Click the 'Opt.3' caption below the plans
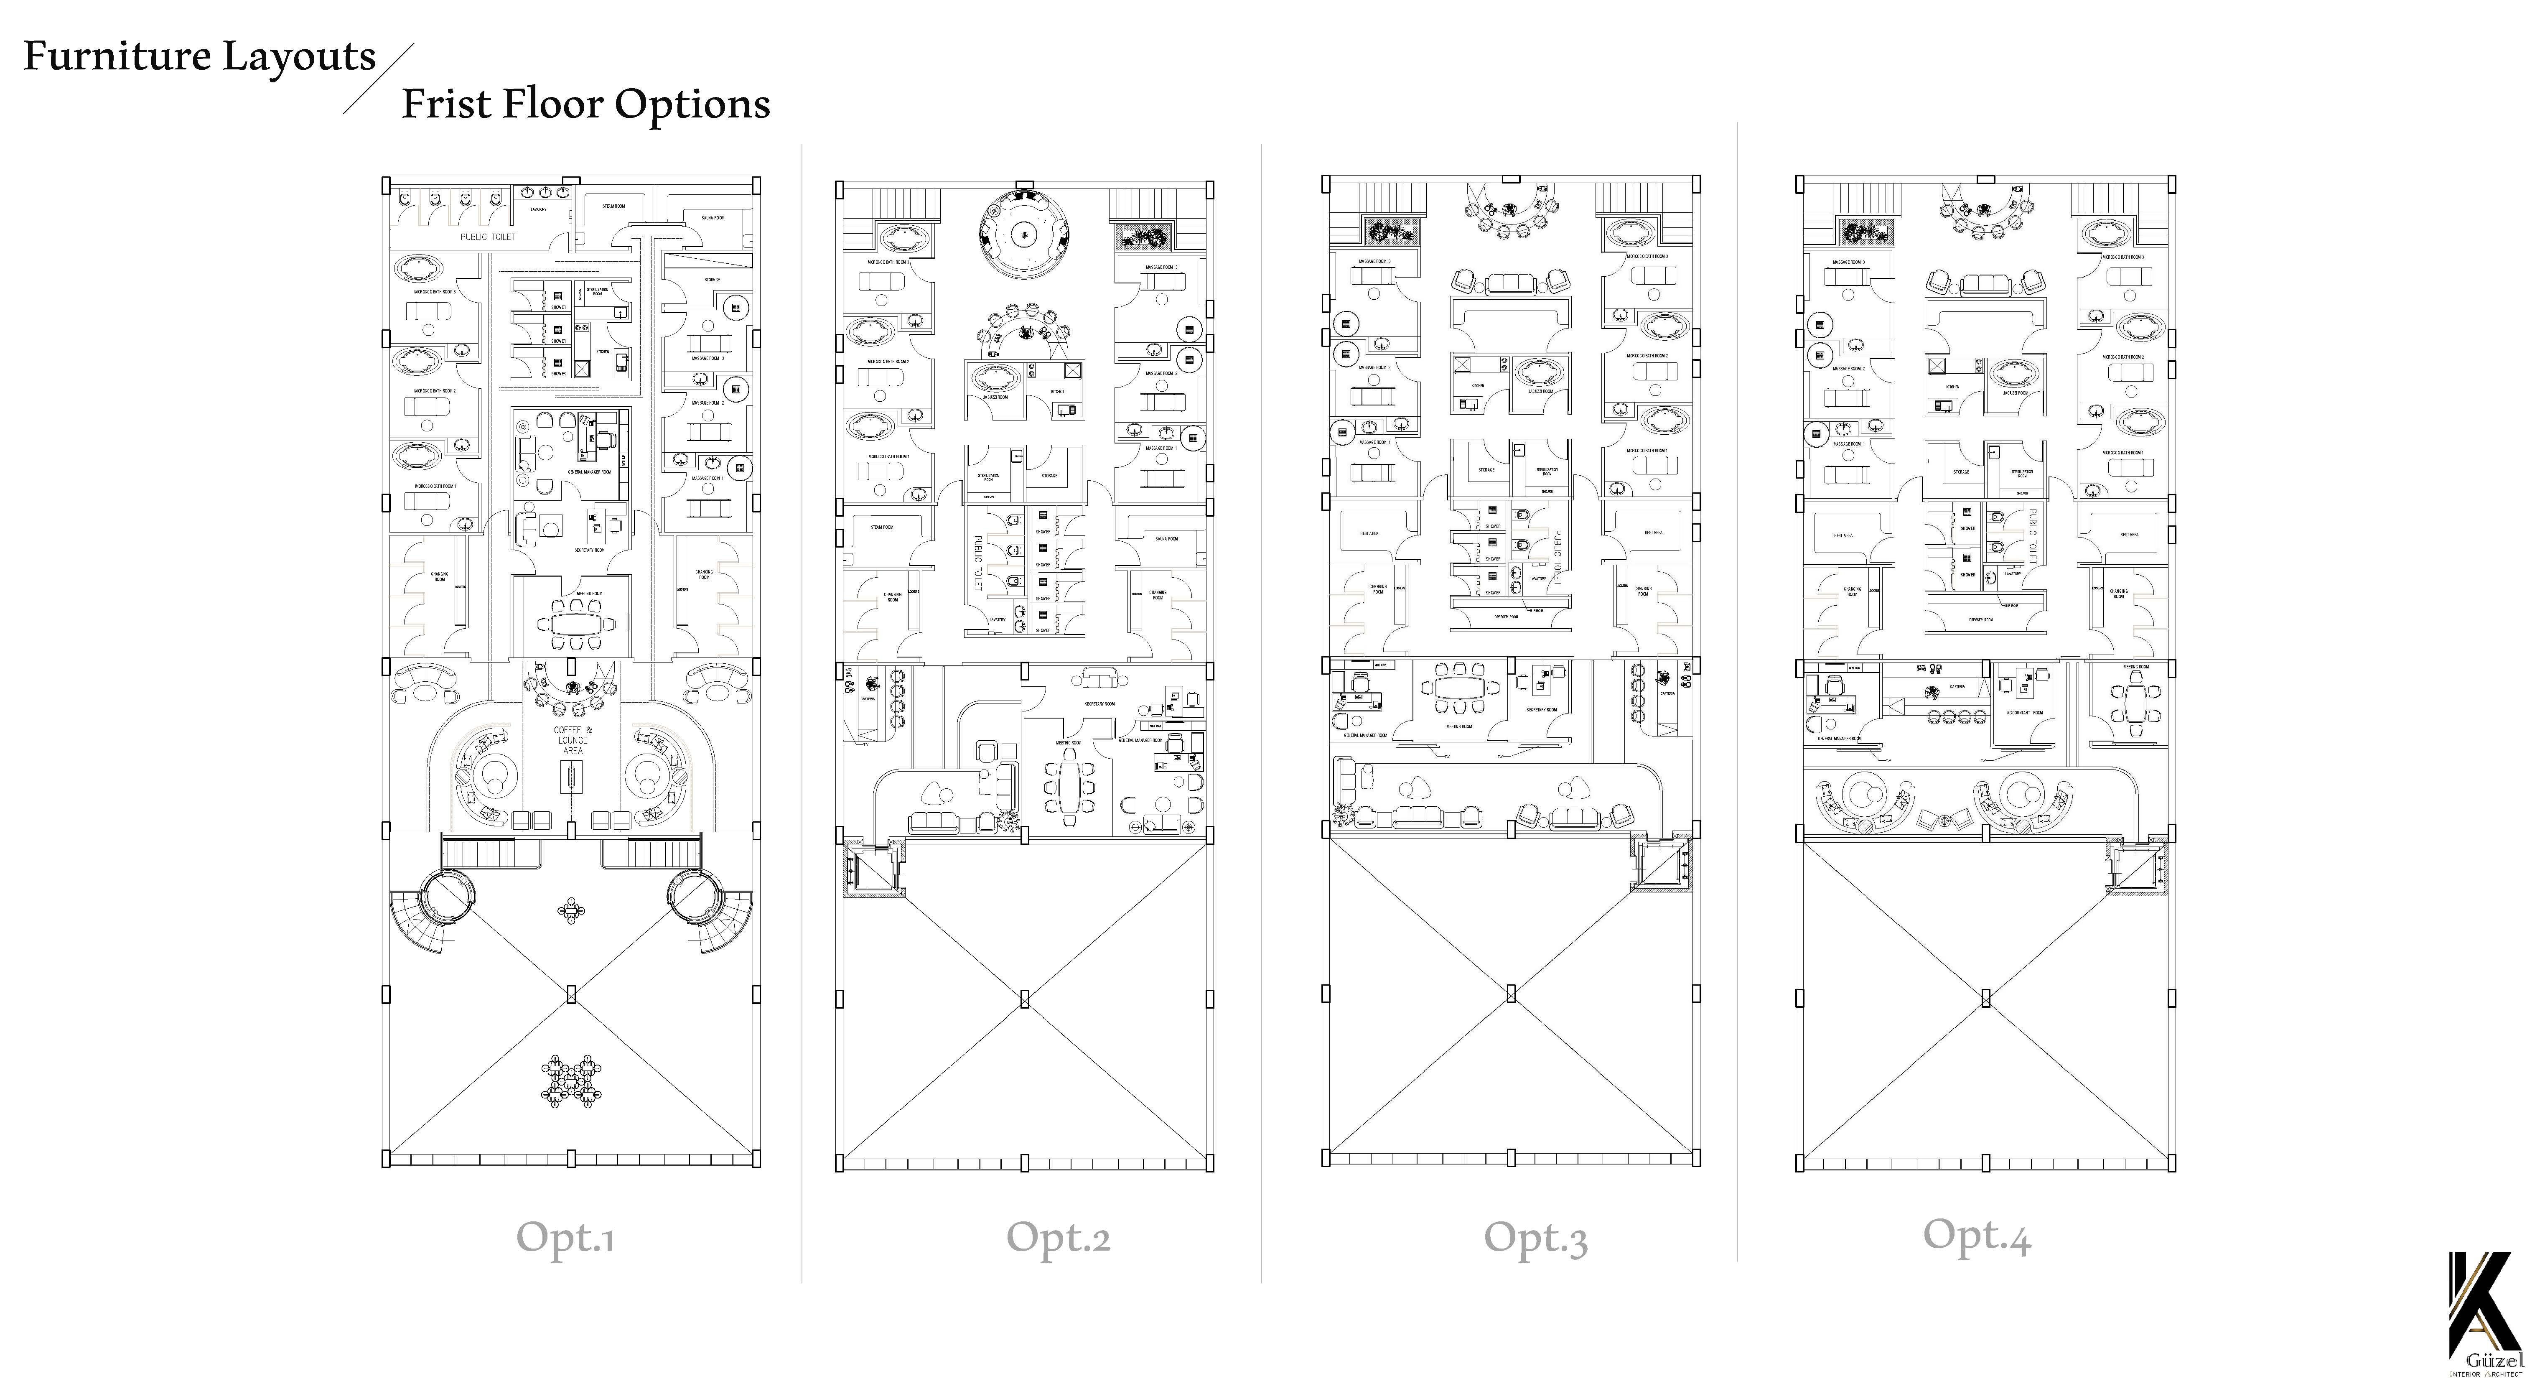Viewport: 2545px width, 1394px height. click(1535, 1238)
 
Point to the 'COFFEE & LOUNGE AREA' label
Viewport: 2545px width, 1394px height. click(572, 740)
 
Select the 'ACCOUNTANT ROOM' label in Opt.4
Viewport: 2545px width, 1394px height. click(2024, 712)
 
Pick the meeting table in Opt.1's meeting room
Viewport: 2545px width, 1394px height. click(575, 624)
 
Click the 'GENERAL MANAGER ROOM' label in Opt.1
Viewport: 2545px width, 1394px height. click(590, 472)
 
